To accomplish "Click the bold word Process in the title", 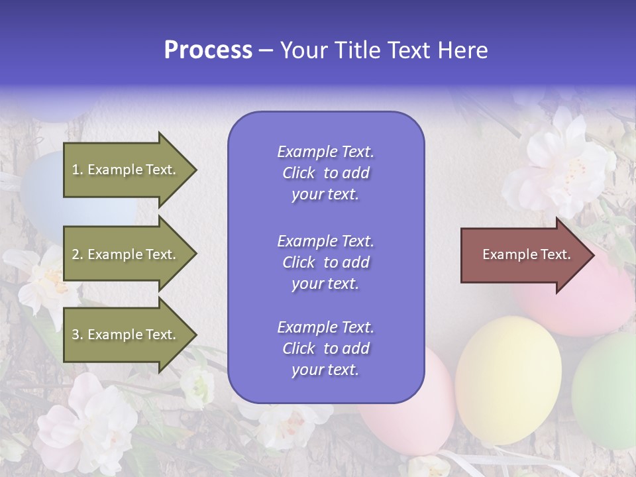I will click(x=208, y=50).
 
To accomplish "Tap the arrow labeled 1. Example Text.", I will click(x=126, y=170).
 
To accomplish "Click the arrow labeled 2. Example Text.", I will click(x=126, y=254).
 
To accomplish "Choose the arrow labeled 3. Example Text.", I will click(x=126, y=335).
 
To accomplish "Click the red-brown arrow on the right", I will click(x=523, y=255).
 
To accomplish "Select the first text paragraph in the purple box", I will click(x=325, y=173).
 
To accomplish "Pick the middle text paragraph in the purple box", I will click(x=325, y=262).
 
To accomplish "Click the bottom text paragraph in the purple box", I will click(x=325, y=348).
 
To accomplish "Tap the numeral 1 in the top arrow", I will click(x=75, y=170).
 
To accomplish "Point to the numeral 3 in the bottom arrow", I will click(x=76, y=335).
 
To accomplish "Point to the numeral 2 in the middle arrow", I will click(x=76, y=254).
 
